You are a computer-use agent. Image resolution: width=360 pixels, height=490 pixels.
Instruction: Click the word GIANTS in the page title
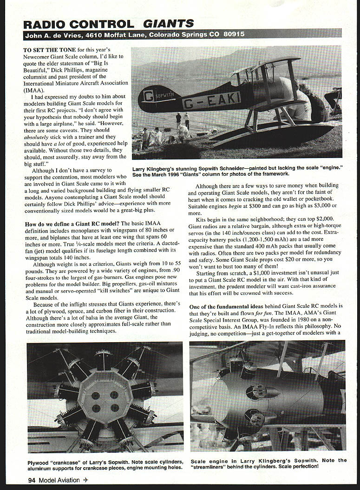coord(169,23)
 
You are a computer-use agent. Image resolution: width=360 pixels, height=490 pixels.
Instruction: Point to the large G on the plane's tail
coord(149,96)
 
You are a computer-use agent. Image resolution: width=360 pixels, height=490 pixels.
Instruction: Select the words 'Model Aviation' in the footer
coord(61,480)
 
